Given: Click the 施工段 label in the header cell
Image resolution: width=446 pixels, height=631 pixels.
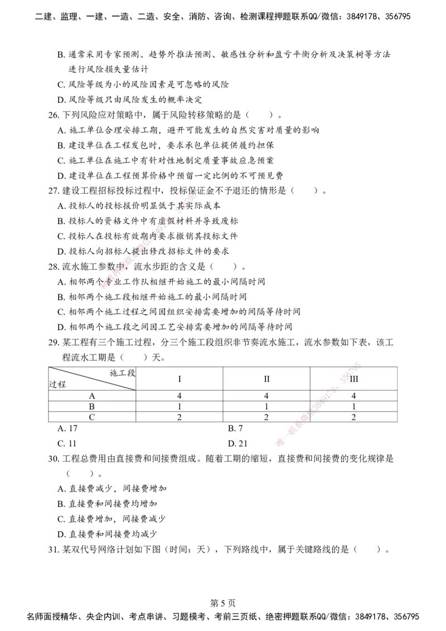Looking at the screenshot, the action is (122, 373).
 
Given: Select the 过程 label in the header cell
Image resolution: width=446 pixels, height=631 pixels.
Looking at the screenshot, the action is (57, 384).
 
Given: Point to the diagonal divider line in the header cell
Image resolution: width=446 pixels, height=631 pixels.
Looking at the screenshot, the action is (92, 379).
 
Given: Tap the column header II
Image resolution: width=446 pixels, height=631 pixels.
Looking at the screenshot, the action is (266, 379).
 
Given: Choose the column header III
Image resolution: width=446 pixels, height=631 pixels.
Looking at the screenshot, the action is (353, 379).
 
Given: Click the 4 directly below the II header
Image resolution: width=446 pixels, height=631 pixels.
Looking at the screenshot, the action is (266, 396).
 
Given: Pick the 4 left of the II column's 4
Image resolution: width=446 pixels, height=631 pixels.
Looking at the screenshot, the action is (180, 396).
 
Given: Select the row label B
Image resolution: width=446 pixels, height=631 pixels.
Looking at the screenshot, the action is (92, 407).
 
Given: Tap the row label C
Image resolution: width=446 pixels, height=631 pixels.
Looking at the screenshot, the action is (92, 417).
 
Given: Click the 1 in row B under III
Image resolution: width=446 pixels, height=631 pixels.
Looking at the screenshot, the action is (353, 407).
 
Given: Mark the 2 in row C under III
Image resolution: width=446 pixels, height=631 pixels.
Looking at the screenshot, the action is (353, 417).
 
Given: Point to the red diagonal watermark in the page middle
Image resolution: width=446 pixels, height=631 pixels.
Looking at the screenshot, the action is (149, 241).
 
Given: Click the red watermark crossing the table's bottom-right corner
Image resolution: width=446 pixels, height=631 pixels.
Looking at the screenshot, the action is (318, 405).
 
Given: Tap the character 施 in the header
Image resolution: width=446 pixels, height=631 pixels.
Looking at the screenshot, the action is (114, 373).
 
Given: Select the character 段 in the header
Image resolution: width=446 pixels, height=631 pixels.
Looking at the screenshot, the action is (131, 373).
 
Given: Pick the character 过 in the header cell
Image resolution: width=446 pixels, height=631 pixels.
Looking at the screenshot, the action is (53, 384).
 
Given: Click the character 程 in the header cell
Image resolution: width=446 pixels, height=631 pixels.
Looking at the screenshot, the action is (62, 384).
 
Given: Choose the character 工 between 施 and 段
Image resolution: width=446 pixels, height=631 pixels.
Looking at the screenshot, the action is (122, 373).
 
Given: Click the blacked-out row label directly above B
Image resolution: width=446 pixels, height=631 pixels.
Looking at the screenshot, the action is (92, 396).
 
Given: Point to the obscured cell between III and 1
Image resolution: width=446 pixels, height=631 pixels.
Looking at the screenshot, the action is (353, 396).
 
